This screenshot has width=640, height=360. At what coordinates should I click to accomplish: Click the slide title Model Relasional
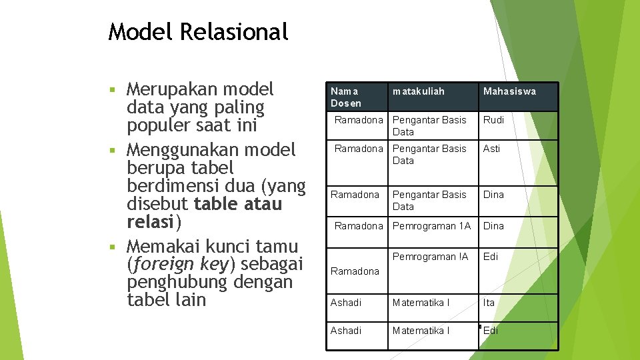[198, 31]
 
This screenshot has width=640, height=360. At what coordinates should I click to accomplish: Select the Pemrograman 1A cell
[431, 226]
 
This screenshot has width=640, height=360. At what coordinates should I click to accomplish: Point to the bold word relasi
[151, 221]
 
